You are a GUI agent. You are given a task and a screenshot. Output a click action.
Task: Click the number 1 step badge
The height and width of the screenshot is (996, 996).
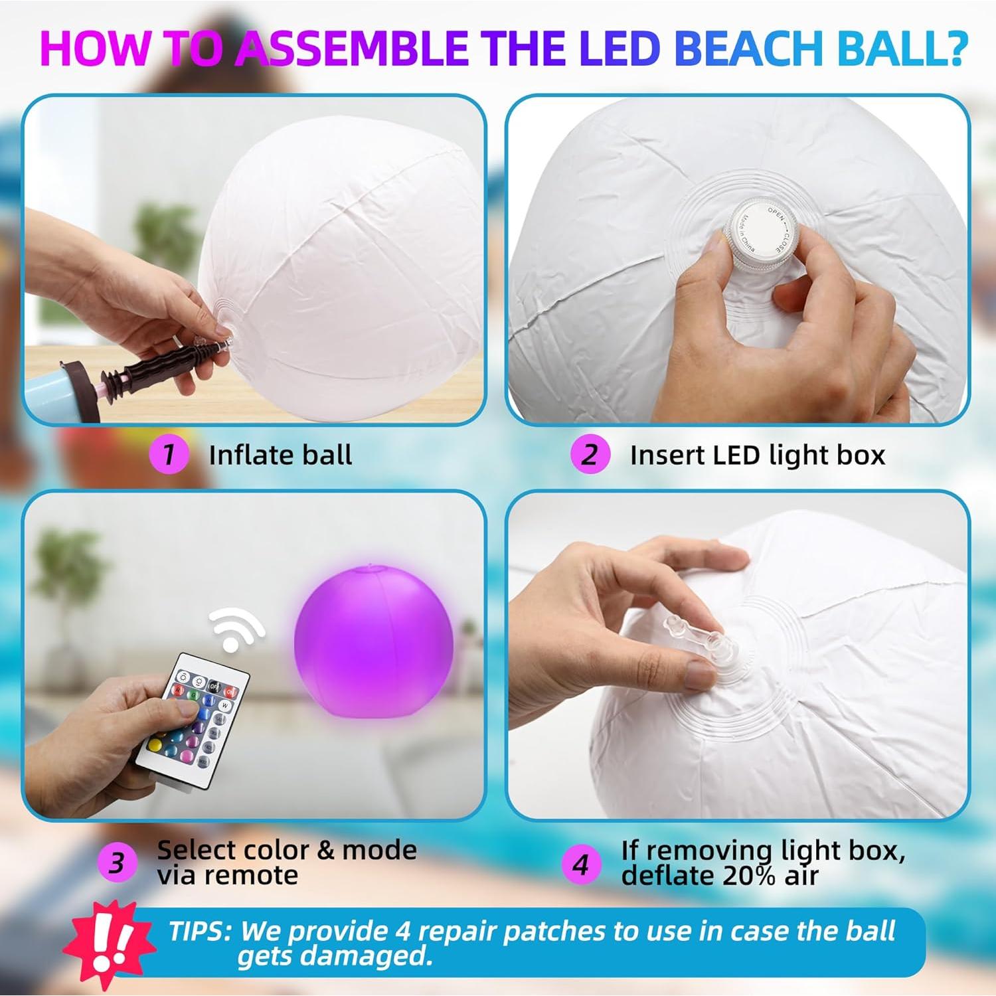click(x=169, y=455)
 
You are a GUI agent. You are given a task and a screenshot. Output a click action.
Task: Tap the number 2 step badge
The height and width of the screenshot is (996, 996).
click(x=590, y=455)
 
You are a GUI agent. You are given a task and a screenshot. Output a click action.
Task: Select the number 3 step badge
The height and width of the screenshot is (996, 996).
click(x=117, y=863)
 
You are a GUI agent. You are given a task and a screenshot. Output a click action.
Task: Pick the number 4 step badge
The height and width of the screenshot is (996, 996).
click(x=581, y=864)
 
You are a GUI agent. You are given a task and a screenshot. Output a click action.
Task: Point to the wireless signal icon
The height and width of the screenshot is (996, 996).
click(x=236, y=627)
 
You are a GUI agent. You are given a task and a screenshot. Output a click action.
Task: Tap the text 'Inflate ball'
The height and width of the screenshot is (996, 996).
click(x=280, y=456)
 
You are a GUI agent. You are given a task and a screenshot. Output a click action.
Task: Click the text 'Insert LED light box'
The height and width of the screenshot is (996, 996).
click(x=757, y=456)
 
